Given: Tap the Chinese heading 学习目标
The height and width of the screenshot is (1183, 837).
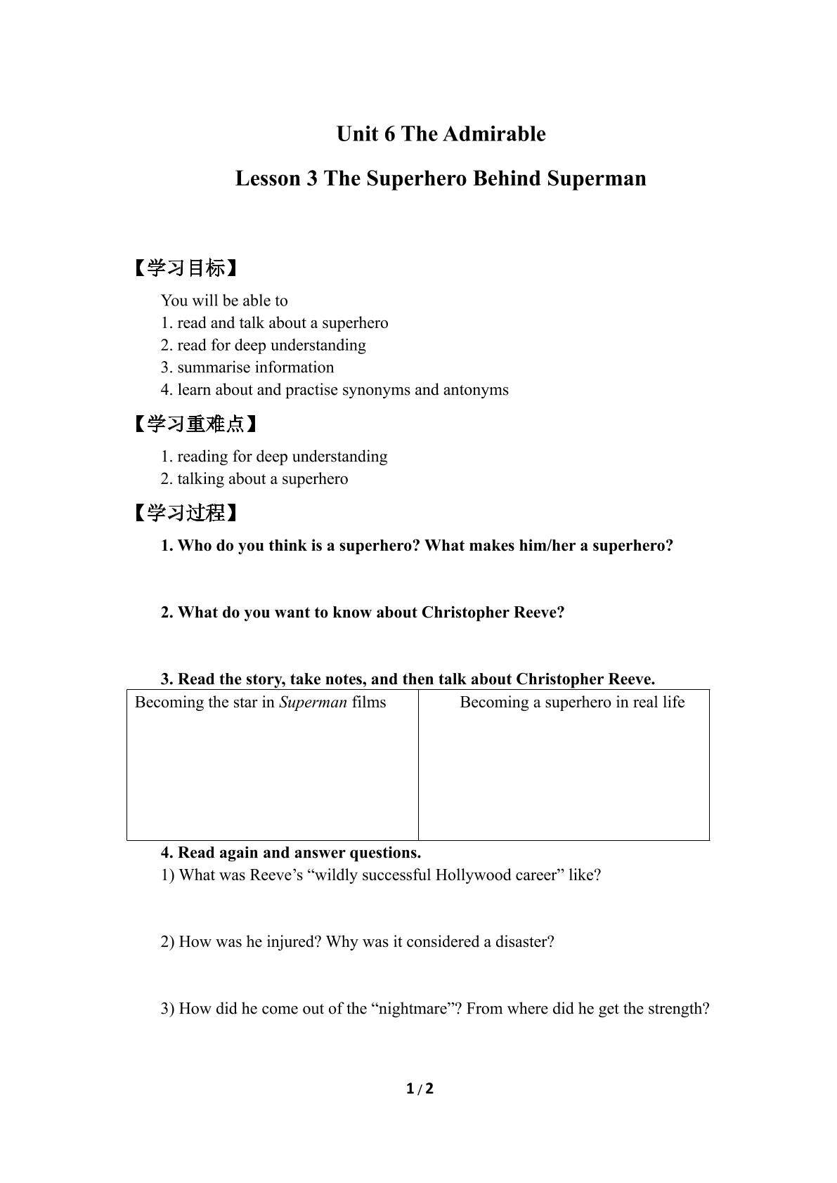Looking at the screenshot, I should coord(186,268).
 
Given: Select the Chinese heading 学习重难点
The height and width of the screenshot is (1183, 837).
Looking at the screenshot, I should coord(195,424).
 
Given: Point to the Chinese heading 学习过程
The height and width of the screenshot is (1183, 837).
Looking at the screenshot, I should coord(186,514).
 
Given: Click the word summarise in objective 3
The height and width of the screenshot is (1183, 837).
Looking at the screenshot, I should coord(214,367).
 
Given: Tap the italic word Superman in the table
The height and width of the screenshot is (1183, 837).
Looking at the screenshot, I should coord(313,702).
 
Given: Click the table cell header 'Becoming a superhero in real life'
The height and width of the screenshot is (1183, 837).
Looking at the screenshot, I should coord(572,702).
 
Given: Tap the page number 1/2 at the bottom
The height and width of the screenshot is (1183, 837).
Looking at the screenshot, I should coord(420,1089).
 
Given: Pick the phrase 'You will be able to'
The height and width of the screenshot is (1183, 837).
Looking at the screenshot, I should coord(224,301).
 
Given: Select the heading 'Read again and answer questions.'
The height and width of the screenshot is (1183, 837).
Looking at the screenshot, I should coord(299,853).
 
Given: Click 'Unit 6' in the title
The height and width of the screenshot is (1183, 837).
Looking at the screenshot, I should coord(365,133).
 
